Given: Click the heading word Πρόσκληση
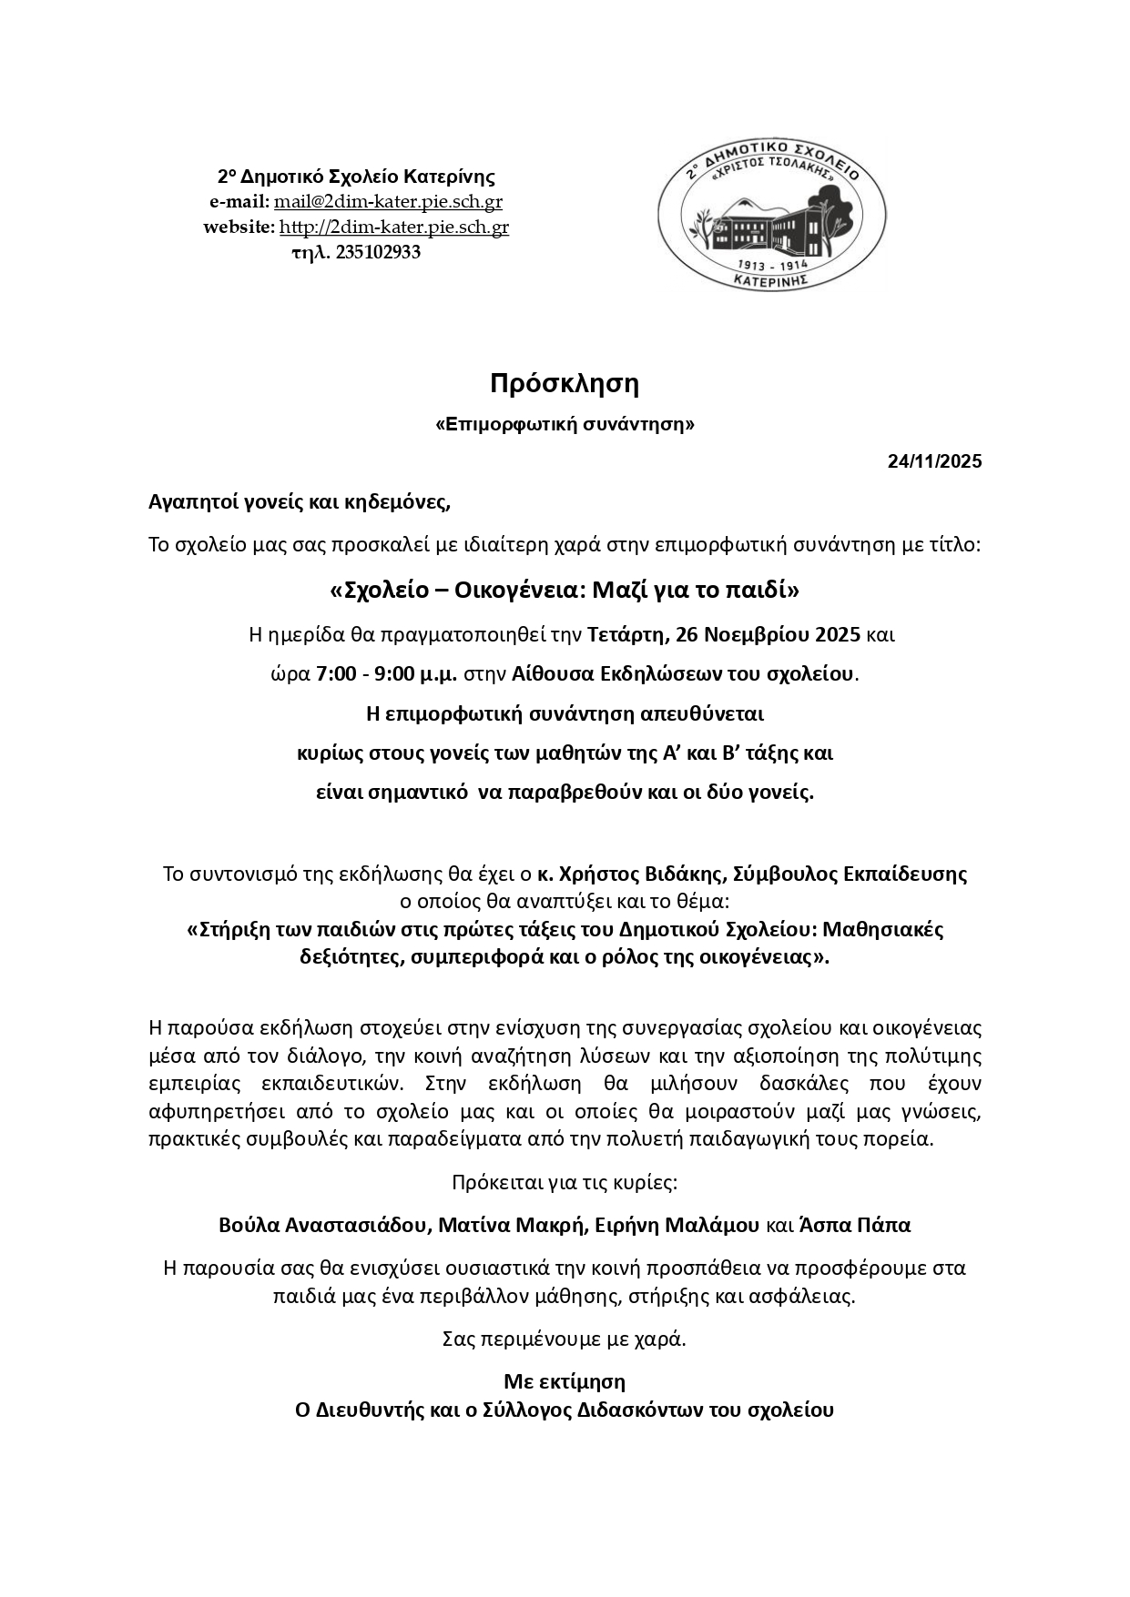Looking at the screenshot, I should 565,384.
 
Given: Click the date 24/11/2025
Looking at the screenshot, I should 934,461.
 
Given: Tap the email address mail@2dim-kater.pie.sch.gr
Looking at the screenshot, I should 388,202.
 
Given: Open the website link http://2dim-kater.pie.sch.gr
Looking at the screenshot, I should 393,227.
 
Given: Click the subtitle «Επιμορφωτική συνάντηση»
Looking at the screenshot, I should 565,424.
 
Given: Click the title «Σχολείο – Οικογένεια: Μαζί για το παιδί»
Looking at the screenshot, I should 565,591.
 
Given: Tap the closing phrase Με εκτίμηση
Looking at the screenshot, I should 565,1381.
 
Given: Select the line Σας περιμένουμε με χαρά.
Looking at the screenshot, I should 565,1339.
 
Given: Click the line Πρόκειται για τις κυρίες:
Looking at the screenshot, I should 565,1183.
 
